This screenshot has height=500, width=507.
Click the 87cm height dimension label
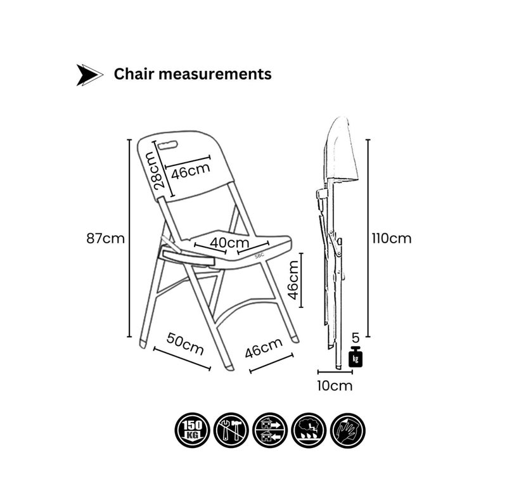[105, 239]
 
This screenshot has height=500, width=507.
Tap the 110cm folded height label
[391, 239]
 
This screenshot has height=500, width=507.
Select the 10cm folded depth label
[335, 386]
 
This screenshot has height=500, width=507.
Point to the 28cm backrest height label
[159, 170]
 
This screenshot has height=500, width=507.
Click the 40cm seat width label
[229, 243]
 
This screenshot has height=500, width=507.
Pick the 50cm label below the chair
[185, 344]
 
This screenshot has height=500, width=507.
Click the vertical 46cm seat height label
[293, 280]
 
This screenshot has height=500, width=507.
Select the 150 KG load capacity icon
[193, 430]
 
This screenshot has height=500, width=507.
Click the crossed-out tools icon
[231, 430]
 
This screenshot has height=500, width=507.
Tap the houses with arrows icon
[270, 430]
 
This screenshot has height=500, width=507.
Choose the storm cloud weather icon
[309, 430]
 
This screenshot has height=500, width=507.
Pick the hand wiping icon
[347, 430]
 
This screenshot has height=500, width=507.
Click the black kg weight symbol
[356, 356]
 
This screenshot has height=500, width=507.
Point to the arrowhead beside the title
[89, 75]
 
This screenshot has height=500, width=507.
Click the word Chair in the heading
[134, 74]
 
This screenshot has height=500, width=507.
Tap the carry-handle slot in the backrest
[167, 144]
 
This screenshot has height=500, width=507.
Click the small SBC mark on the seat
[259, 255]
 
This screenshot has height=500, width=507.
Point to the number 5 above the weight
[356, 338]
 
